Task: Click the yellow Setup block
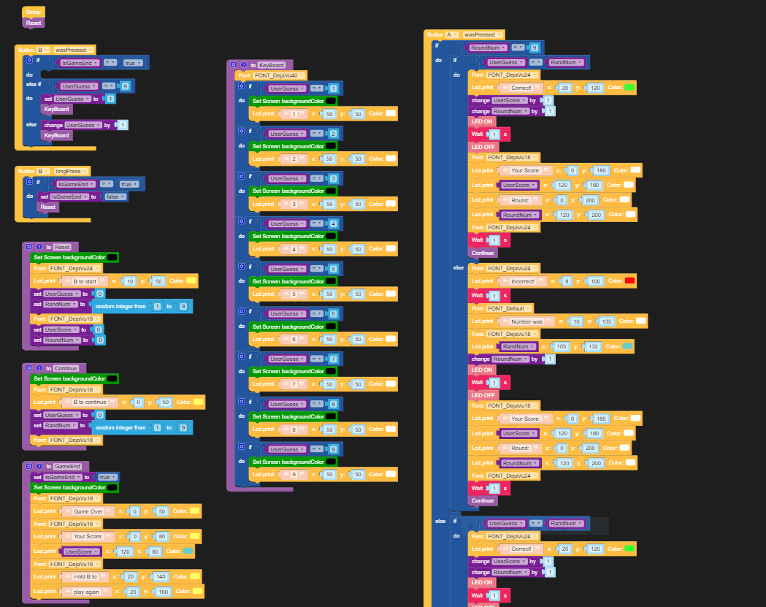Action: [x=34, y=12]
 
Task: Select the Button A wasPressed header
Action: [x=464, y=34]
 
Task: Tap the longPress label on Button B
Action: [x=67, y=171]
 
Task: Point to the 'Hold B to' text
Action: [x=86, y=576]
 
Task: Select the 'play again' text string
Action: [x=88, y=591]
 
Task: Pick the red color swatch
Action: [x=629, y=280]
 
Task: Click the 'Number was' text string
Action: [x=526, y=321]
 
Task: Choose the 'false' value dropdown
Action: [x=115, y=196]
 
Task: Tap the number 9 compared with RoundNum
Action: [x=535, y=47]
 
